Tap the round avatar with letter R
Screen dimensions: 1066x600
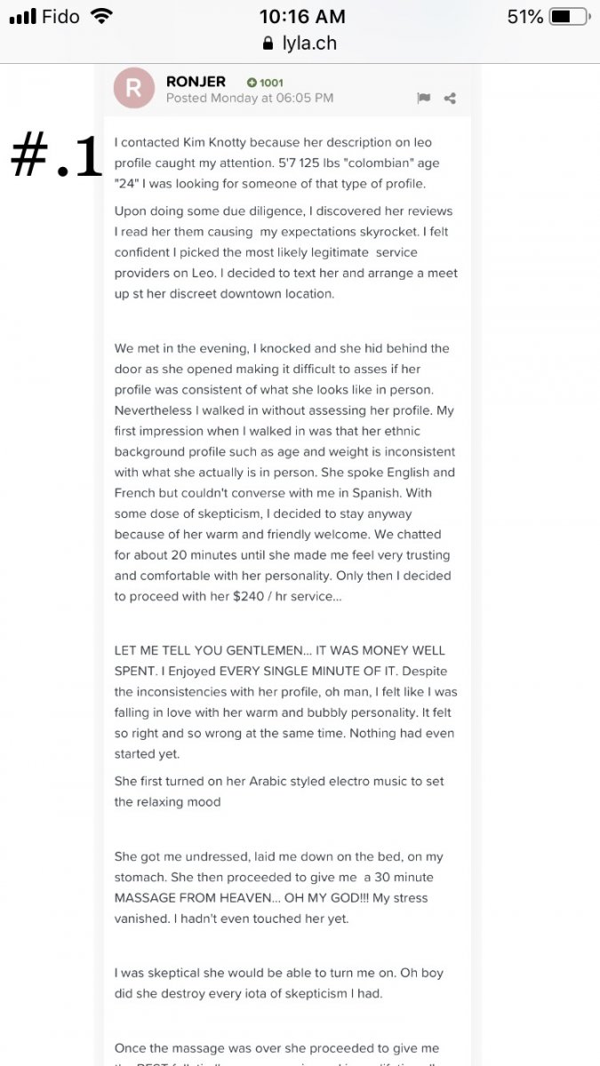click(134, 88)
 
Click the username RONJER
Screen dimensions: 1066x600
click(196, 82)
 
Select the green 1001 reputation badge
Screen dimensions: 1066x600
click(265, 83)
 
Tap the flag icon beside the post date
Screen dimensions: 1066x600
click(423, 99)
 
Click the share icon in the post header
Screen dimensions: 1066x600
click(450, 99)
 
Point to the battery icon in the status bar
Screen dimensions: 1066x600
click(568, 17)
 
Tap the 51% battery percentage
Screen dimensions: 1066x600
click(524, 17)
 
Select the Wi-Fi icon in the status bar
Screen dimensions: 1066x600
click(102, 16)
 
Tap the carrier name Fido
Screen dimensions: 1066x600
click(60, 17)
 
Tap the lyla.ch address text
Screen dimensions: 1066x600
click(309, 43)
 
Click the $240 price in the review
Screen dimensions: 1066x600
click(249, 596)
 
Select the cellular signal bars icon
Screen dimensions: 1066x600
click(21, 17)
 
